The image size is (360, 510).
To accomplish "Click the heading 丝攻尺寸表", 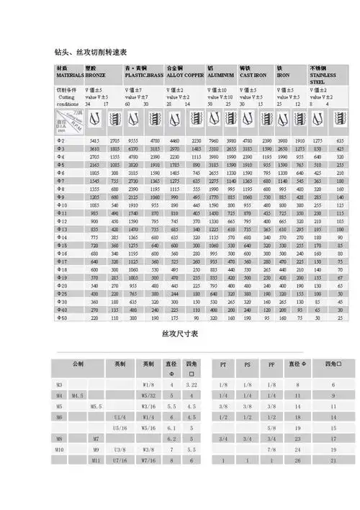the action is pyautogui.click(x=180, y=335).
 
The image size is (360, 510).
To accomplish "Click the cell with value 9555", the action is pyautogui.click(x=132, y=140).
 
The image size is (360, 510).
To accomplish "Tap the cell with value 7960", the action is pyautogui.click(x=212, y=140).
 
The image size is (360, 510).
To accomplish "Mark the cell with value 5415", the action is pyautogui.click(x=94, y=140).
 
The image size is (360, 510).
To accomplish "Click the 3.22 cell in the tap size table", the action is pyautogui.click(x=192, y=386).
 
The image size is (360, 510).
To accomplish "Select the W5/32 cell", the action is pyautogui.click(x=149, y=396).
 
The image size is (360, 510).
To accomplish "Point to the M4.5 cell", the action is pyautogui.click(x=78, y=396).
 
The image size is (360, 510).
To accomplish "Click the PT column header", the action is pyautogui.click(x=223, y=365).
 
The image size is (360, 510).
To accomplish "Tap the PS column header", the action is pyautogui.click(x=248, y=365).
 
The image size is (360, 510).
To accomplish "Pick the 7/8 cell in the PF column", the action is pyautogui.click(x=271, y=448).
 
